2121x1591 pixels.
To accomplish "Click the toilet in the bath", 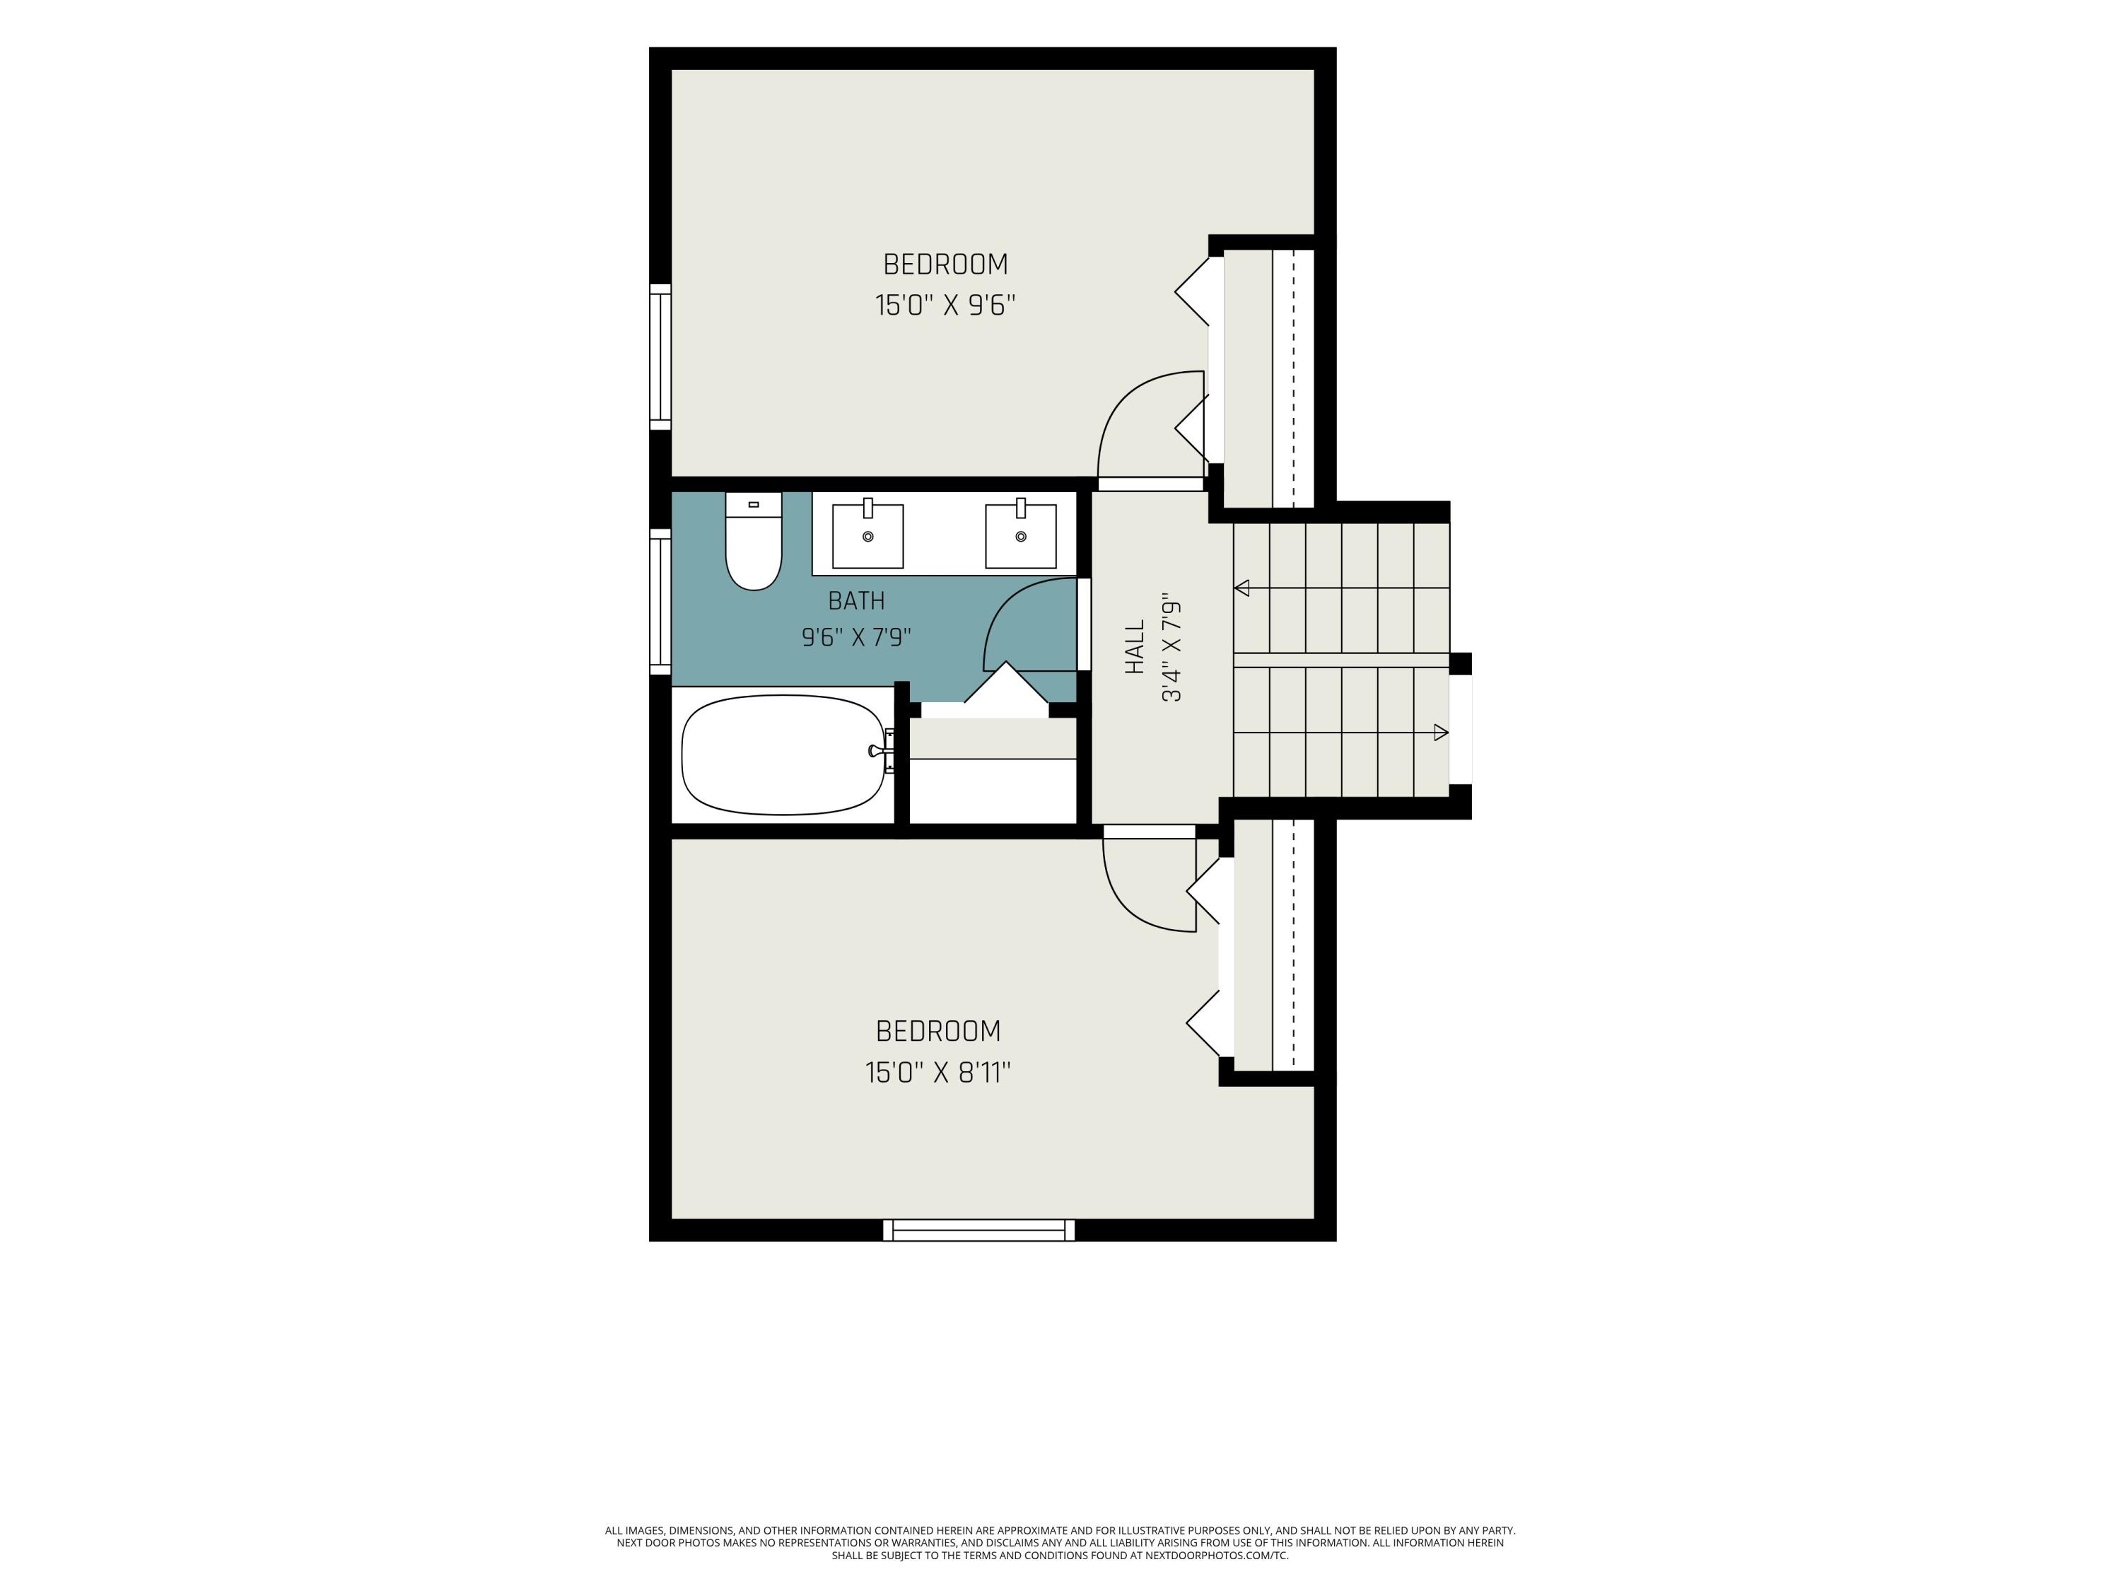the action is pyautogui.click(x=754, y=541).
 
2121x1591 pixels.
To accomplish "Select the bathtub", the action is pyautogui.click(x=783, y=754).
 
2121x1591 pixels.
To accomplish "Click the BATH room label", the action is pyautogui.click(x=856, y=601).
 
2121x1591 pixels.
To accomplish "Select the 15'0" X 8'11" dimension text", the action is pyautogui.click(x=937, y=1072).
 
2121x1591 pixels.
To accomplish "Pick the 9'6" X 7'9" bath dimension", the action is pyautogui.click(x=856, y=637).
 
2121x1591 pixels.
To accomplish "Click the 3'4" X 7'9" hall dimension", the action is pyautogui.click(x=1171, y=651).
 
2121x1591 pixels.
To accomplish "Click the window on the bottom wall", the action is pyautogui.click(x=979, y=1230).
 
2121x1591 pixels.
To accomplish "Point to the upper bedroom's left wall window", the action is pyautogui.click(x=660, y=357).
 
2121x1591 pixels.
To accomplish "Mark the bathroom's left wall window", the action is pyautogui.click(x=660, y=601).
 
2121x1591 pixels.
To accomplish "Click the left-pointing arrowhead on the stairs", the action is pyautogui.click(x=1243, y=588).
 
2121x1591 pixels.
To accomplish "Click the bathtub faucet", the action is pyautogui.click(x=881, y=751).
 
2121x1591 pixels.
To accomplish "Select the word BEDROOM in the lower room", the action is pyautogui.click(x=937, y=1031).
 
